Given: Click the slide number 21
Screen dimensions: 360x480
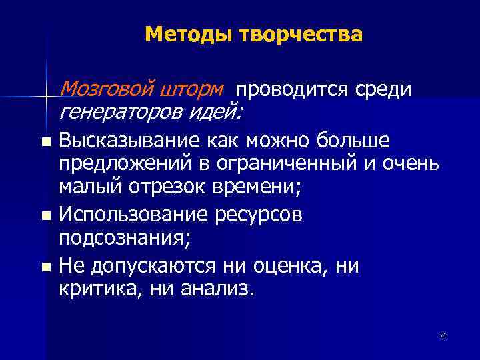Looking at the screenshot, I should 443,335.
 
